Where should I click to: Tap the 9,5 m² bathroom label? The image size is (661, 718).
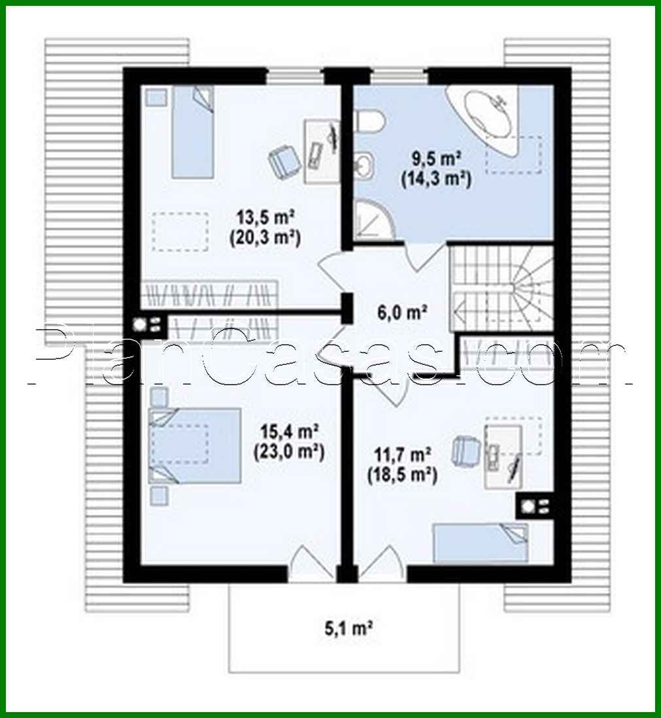click(x=436, y=159)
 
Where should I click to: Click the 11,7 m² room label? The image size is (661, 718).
click(x=401, y=453)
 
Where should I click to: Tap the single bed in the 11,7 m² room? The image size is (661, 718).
click(x=481, y=542)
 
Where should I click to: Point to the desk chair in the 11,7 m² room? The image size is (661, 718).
click(x=466, y=449)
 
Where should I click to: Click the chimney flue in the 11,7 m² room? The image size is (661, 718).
click(x=536, y=506)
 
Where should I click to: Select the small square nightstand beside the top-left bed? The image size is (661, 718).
click(x=156, y=97)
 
